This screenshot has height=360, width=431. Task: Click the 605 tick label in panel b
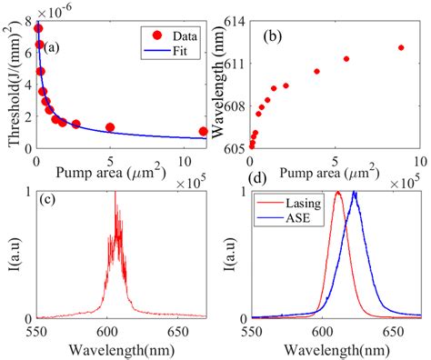231,147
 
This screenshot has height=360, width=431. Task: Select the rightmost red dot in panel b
401,47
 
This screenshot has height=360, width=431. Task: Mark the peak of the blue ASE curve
355,193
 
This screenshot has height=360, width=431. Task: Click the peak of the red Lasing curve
338,193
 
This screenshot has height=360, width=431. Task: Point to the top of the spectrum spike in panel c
115,193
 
